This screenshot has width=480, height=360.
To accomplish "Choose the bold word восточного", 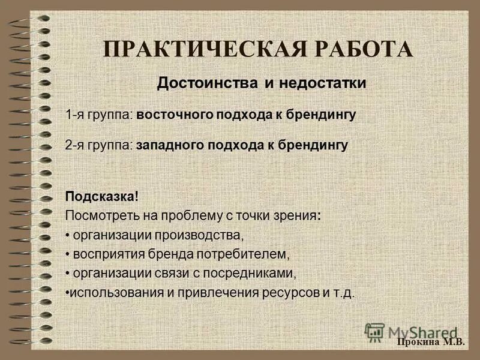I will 174,114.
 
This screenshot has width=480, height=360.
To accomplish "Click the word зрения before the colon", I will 296,215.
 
